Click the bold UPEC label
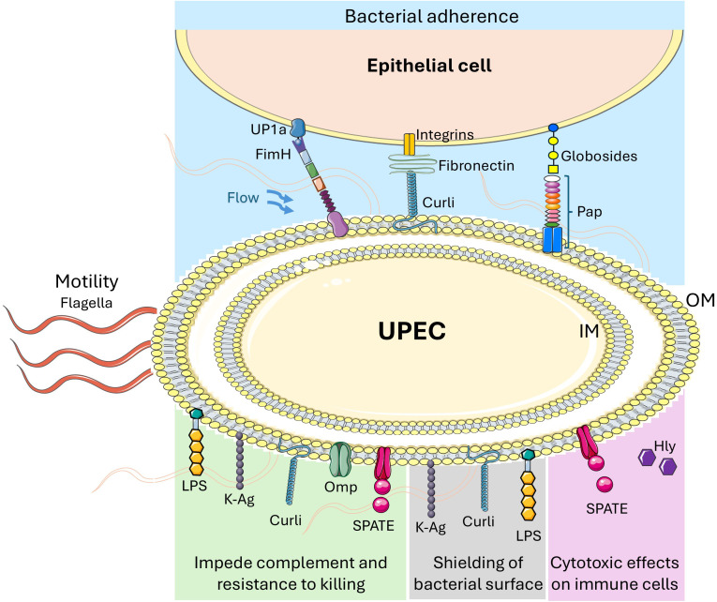412,331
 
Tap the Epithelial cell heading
429,66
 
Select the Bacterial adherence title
432,17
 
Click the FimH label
273,154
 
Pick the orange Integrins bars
410,144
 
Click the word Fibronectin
476,166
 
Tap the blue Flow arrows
280,203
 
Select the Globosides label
599,157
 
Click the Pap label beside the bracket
590,212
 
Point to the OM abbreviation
700,300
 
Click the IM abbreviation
589,331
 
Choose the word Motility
87,281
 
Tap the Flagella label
86,303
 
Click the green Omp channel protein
339,459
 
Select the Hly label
665,446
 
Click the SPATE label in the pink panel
606,508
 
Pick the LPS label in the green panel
194,486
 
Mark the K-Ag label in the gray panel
430,527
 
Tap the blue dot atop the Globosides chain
553,127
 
